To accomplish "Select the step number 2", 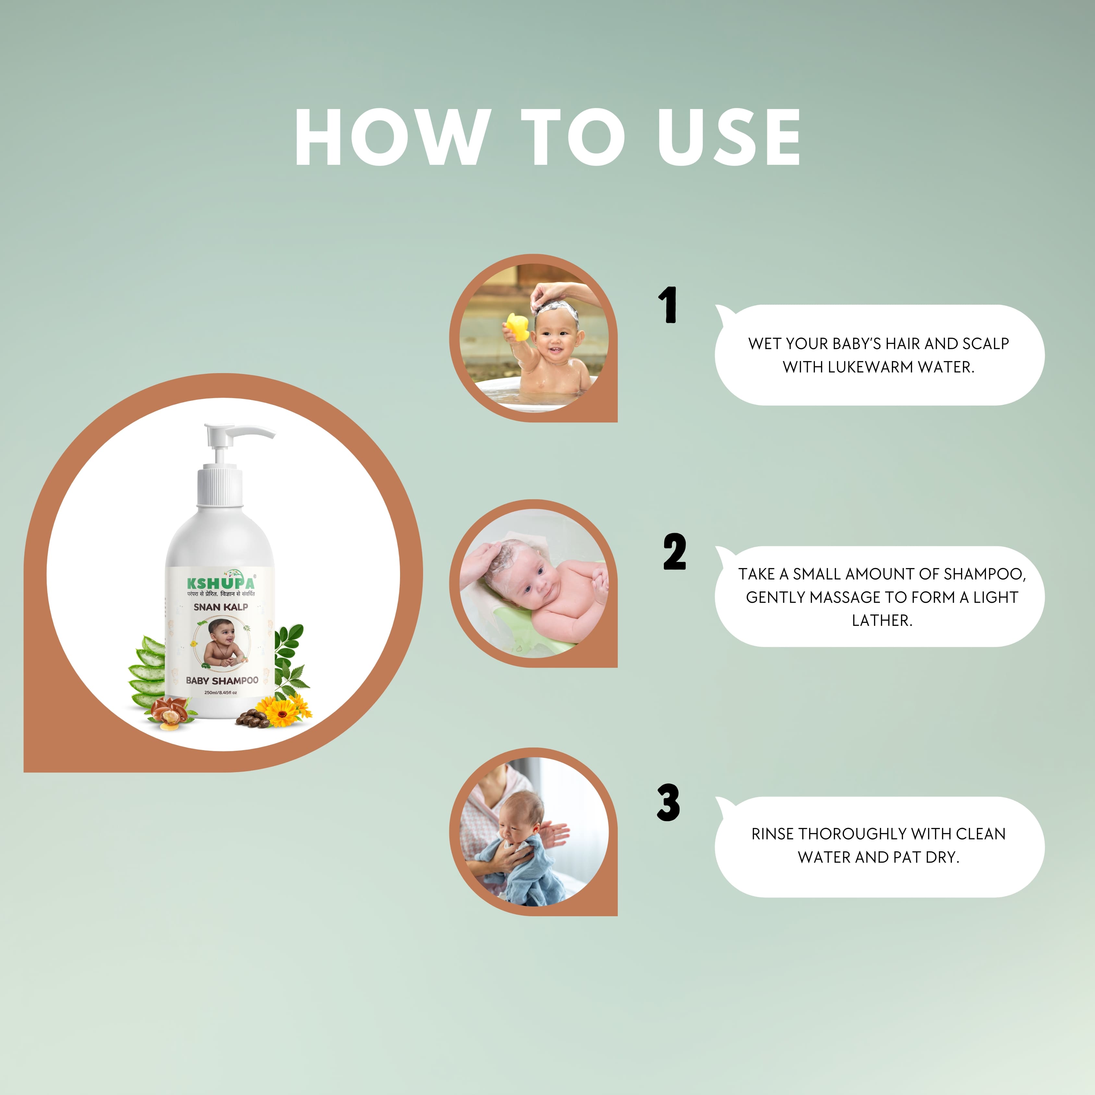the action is [675, 552].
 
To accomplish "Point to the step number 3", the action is [669, 803].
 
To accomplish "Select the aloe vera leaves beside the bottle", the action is [147, 672].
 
